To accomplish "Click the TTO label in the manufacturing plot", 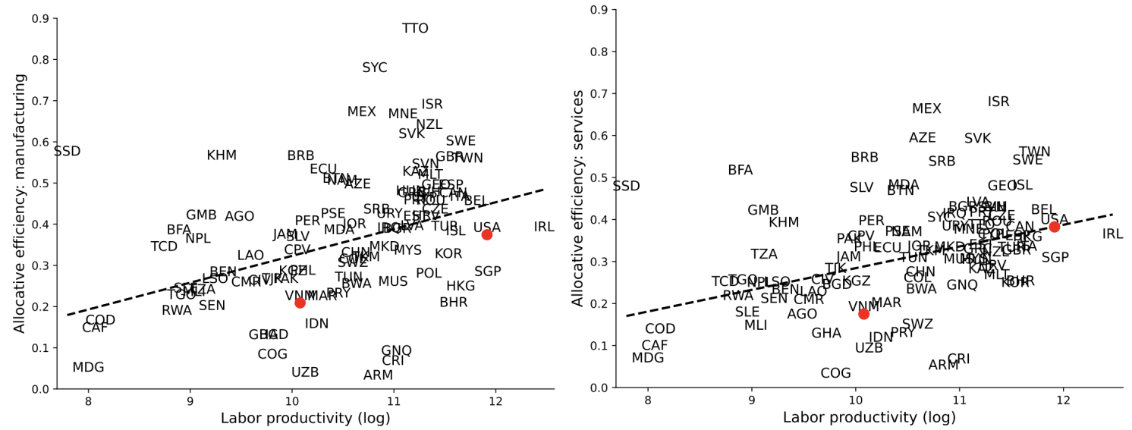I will tap(415, 29).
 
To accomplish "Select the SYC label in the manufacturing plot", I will tap(375, 67).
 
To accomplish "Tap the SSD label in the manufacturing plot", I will tap(67, 152).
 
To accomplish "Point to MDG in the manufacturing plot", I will tap(88, 368).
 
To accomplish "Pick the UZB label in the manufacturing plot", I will tap(305, 372).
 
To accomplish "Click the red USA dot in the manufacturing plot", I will tap(486, 234).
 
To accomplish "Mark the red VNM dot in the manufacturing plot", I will tap(300, 303).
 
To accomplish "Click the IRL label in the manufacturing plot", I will tap(544, 227).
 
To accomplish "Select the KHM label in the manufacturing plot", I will tap(222, 155).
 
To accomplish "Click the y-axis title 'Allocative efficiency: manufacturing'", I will tap(20, 203).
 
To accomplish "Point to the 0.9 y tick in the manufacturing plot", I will tap(39, 18).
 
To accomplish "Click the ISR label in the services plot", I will tap(998, 102).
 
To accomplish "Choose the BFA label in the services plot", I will tap(740, 171).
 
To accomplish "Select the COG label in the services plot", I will tap(835, 373).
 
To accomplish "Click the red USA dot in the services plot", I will tap(1054, 227).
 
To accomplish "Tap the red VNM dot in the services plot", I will tap(863, 314).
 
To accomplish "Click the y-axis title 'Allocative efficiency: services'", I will tap(578, 199).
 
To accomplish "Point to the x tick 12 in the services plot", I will tap(1063, 401).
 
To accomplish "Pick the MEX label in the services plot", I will tap(926, 109).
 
